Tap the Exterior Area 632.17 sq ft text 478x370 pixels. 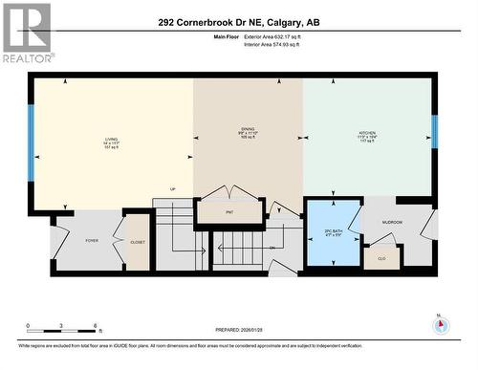click(279, 36)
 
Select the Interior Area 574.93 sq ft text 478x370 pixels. click(278, 44)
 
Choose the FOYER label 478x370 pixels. click(92, 241)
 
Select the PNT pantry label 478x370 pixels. click(229, 211)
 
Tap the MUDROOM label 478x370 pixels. click(392, 223)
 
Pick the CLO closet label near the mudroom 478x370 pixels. click(381, 257)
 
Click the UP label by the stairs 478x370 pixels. click(173, 188)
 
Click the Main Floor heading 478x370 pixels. click(225, 36)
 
